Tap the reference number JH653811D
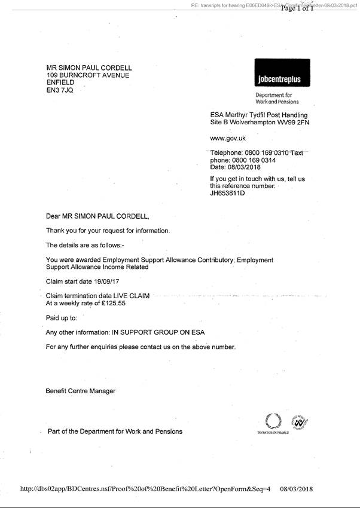coord(227,194)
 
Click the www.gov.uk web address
coord(228,138)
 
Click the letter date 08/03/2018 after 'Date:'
coord(245,168)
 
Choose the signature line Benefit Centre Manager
coord(81,391)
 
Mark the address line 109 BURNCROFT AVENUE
coord(88,75)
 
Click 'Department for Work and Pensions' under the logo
coord(273,98)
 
